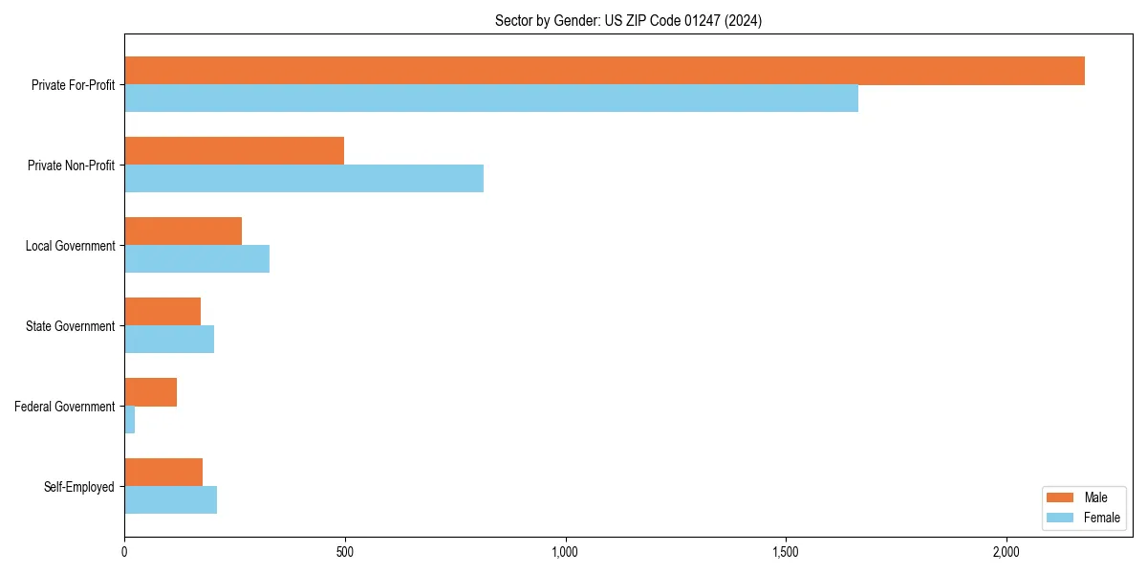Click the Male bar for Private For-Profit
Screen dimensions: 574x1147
point(604,71)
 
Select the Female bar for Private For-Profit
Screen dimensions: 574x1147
point(491,99)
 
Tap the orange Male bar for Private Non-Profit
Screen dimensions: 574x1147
point(234,151)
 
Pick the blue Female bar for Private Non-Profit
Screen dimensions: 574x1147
point(304,179)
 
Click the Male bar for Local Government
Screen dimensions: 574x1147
point(183,232)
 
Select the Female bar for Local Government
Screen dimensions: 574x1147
point(197,259)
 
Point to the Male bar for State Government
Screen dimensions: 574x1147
point(162,312)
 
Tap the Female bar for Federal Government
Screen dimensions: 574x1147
point(130,420)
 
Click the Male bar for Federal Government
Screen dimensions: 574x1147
point(150,392)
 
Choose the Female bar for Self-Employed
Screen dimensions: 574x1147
point(170,500)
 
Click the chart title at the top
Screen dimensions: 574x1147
point(628,20)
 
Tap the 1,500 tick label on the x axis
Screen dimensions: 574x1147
point(786,552)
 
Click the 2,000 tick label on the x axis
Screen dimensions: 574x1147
point(1006,552)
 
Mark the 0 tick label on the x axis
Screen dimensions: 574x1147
point(124,552)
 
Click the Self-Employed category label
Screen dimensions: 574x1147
point(79,487)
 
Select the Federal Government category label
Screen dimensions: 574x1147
point(65,407)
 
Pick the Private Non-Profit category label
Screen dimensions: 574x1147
point(71,166)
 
